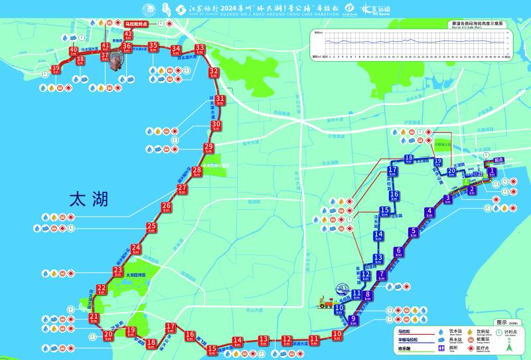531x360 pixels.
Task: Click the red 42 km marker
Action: (129, 35)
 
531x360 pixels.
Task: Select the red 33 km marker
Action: (200, 49)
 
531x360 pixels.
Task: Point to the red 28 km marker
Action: (196, 172)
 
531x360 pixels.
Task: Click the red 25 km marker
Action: (151, 228)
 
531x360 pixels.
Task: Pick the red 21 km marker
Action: (94, 319)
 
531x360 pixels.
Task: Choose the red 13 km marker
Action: (264, 341)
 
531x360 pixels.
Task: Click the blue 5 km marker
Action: (414, 232)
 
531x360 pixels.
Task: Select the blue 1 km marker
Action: (492, 173)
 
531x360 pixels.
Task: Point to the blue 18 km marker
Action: (409, 159)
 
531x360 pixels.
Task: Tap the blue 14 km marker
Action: (378, 236)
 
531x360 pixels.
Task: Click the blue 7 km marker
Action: (382, 276)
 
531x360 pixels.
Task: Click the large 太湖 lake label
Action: (88, 199)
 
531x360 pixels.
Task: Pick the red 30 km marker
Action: (216, 126)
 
